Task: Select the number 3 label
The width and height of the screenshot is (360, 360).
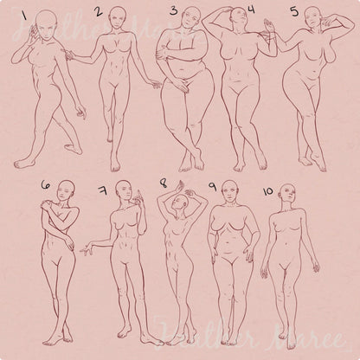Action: (174, 12)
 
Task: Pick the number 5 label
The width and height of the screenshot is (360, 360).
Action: (294, 12)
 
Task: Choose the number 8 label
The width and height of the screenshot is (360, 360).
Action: (164, 184)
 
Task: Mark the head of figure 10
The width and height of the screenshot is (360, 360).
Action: (286, 191)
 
